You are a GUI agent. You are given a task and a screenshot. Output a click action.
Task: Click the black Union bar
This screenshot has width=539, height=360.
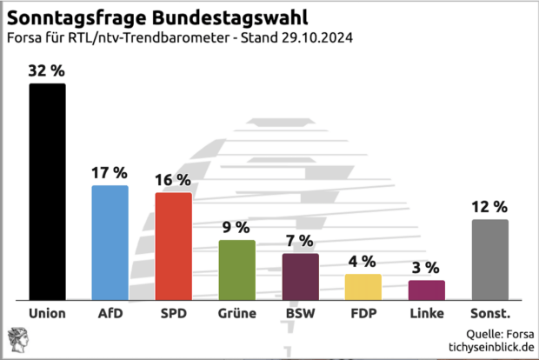47,191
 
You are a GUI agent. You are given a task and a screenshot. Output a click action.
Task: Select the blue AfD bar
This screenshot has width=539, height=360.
110,243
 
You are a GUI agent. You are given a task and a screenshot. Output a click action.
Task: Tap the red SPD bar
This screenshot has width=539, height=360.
173,246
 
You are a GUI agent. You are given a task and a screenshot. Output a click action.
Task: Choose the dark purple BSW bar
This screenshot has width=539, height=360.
300,277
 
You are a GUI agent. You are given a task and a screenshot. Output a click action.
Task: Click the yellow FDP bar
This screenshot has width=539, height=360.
363,287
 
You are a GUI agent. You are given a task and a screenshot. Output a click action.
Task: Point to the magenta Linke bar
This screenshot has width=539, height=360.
426,290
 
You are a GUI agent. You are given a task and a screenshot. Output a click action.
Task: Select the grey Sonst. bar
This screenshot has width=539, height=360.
489,259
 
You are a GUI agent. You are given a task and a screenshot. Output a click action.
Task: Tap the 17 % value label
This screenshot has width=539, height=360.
110,173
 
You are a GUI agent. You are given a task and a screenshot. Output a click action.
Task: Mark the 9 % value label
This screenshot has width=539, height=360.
236,228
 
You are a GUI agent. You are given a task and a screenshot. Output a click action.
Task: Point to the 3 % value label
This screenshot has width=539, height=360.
426,268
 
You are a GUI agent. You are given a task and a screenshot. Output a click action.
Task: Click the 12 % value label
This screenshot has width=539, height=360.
489,207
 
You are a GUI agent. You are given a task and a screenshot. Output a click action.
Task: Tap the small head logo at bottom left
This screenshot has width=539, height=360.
17,339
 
